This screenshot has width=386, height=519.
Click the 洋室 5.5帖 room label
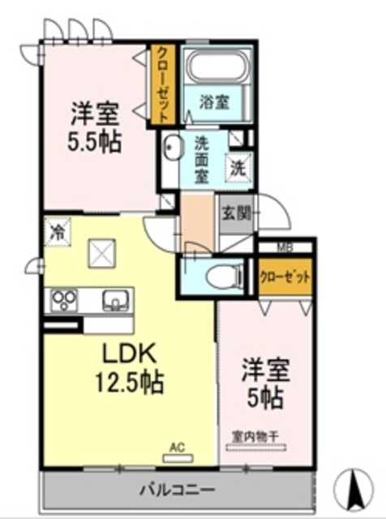click(95, 127)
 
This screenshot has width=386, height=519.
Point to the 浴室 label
click(215, 103)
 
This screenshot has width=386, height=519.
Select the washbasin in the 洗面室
click(173, 148)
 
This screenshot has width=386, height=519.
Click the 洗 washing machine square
click(238, 169)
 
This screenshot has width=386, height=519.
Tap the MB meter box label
click(284, 247)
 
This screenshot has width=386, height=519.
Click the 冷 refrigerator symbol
click(57, 230)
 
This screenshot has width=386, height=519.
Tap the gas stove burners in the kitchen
click(64, 300)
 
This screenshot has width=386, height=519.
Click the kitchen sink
click(116, 301)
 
